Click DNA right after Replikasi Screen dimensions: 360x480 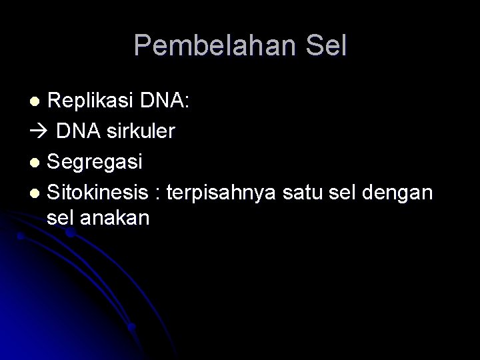tap(162, 101)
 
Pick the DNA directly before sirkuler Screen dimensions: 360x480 tap(78, 131)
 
